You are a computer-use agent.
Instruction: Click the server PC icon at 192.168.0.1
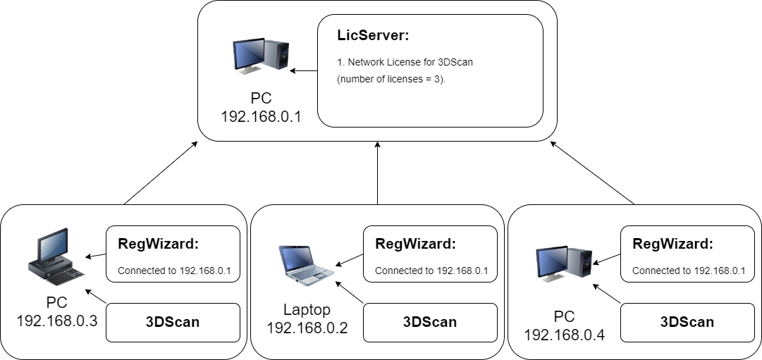(x=261, y=56)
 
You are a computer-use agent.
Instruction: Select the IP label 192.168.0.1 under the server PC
(x=261, y=116)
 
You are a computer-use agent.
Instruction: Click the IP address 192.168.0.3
(x=56, y=321)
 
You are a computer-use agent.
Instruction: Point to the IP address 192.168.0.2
(x=307, y=327)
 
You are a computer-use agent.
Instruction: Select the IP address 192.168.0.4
(x=564, y=333)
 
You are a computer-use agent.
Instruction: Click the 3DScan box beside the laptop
(x=430, y=323)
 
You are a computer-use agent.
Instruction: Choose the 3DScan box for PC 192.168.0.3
(x=173, y=323)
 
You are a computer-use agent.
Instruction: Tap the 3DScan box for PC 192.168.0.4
(x=687, y=323)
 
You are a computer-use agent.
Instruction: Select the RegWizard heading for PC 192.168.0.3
(x=159, y=244)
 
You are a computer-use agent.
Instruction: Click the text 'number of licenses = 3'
(x=392, y=79)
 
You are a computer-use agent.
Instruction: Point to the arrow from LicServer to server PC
(x=305, y=70)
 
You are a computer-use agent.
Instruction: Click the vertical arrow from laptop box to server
(x=378, y=173)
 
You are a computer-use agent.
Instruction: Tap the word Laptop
(x=307, y=309)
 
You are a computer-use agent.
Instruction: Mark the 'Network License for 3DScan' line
(x=405, y=62)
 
